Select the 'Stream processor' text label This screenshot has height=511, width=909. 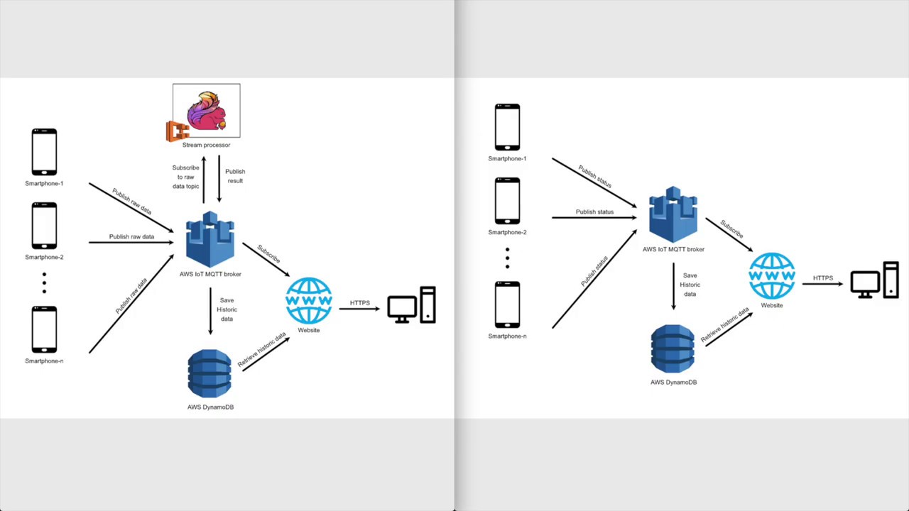(x=206, y=145)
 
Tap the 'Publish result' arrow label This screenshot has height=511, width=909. (x=235, y=176)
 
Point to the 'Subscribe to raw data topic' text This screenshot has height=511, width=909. (x=185, y=177)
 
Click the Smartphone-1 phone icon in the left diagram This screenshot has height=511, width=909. (x=44, y=152)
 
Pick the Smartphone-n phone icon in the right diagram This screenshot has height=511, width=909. (x=507, y=304)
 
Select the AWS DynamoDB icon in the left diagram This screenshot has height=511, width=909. (x=209, y=373)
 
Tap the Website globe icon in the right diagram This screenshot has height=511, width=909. (x=772, y=275)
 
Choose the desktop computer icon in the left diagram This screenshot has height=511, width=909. (x=411, y=305)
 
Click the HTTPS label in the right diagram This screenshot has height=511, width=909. (x=823, y=278)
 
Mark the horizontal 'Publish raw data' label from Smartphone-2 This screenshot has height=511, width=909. (x=131, y=236)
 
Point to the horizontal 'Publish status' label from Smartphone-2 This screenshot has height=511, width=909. (x=594, y=211)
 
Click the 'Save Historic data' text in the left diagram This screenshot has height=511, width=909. (x=227, y=309)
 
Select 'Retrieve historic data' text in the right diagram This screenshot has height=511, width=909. (x=724, y=326)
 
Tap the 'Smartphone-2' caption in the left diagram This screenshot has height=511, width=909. (x=44, y=257)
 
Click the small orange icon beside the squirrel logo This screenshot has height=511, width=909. (x=177, y=131)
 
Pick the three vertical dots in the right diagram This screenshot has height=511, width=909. (x=507, y=258)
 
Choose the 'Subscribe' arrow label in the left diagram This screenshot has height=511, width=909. (x=268, y=253)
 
